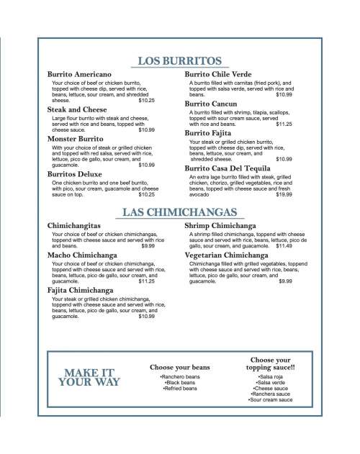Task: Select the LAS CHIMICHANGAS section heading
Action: [x=180, y=212]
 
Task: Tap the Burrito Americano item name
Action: [x=79, y=74]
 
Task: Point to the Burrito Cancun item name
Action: [x=212, y=105]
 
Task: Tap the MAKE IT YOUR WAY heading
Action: [x=89, y=376]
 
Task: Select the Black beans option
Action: [x=179, y=382]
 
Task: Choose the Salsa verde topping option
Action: [x=271, y=382]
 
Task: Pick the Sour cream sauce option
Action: [x=271, y=399]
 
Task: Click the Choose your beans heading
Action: [x=179, y=366]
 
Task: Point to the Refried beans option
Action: [x=179, y=388]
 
